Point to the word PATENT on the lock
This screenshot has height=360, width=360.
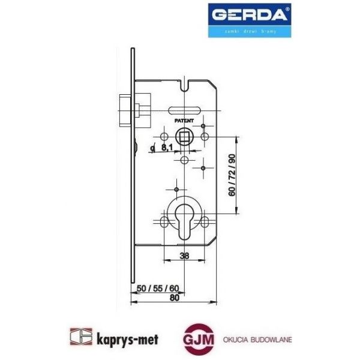click(x=184, y=121)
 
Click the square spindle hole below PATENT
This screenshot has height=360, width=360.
click(x=184, y=134)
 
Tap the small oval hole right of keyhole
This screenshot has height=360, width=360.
click(x=205, y=223)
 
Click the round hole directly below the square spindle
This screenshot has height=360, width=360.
click(x=184, y=160)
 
